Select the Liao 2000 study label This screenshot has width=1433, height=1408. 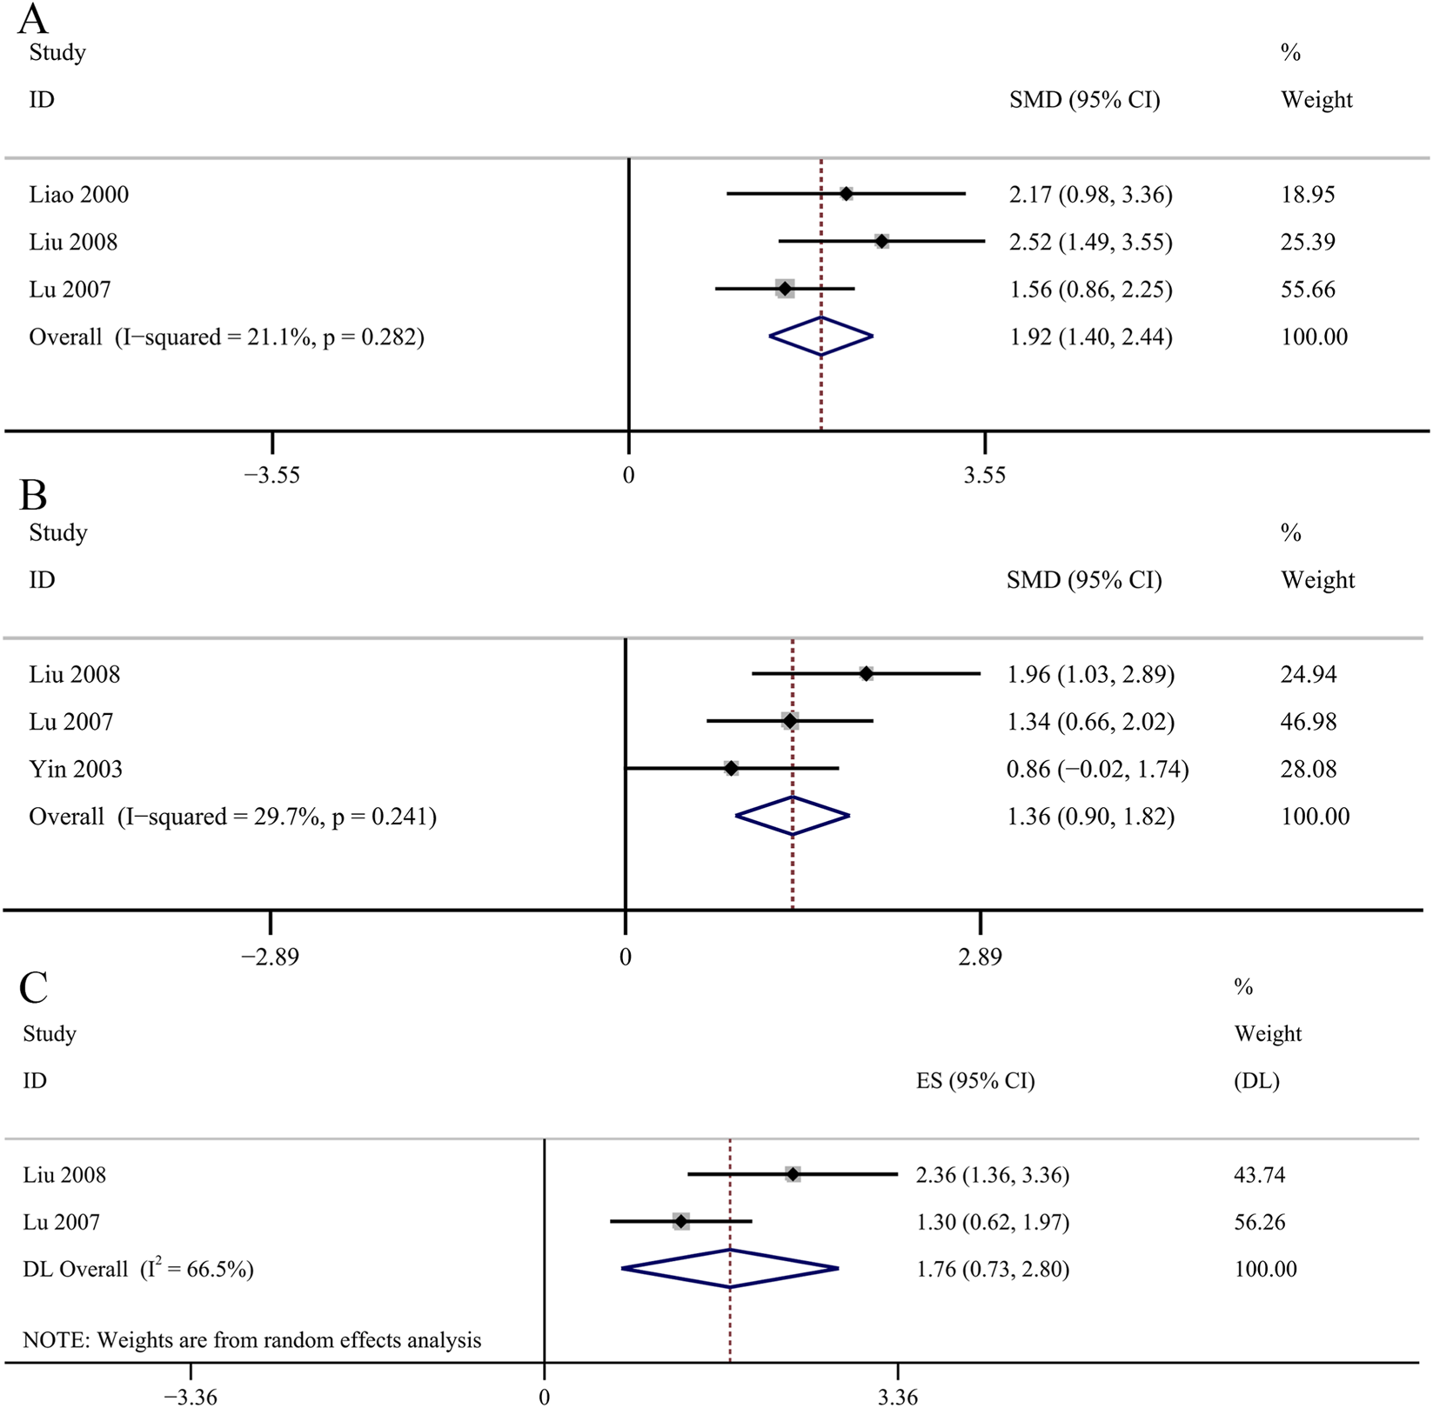click(x=78, y=194)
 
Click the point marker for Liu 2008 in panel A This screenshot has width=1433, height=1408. click(x=881, y=241)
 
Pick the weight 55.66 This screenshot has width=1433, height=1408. click(x=1307, y=289)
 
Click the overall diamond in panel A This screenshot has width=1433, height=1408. click(x=820, y=337)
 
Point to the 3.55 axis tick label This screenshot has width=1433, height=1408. click(x=984, y=475)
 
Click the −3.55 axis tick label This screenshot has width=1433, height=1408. click(x=271, y=475)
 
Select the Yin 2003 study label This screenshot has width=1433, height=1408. click(x=76, y=769)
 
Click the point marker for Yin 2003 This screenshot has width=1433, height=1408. click(x=731, y=768)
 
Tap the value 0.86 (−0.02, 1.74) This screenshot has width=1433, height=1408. click(x=1097, y=769)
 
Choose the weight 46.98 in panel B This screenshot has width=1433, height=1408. click(x=1308, y=721)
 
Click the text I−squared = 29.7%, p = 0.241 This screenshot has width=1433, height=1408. click(x=277, y=817)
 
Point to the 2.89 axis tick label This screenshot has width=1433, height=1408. click(x=980, y=957)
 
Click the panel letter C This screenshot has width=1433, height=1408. click(x=33, y=987)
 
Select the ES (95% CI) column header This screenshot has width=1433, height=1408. click(x=975, y=1081)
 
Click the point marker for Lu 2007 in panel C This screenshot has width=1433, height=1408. click(x=680, y=1222)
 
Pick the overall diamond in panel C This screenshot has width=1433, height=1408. click(x=730, y=1269)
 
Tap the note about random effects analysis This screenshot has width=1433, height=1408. click(x=251, y=1340)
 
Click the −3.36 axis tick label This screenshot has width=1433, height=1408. click(x=191, y=1397)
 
